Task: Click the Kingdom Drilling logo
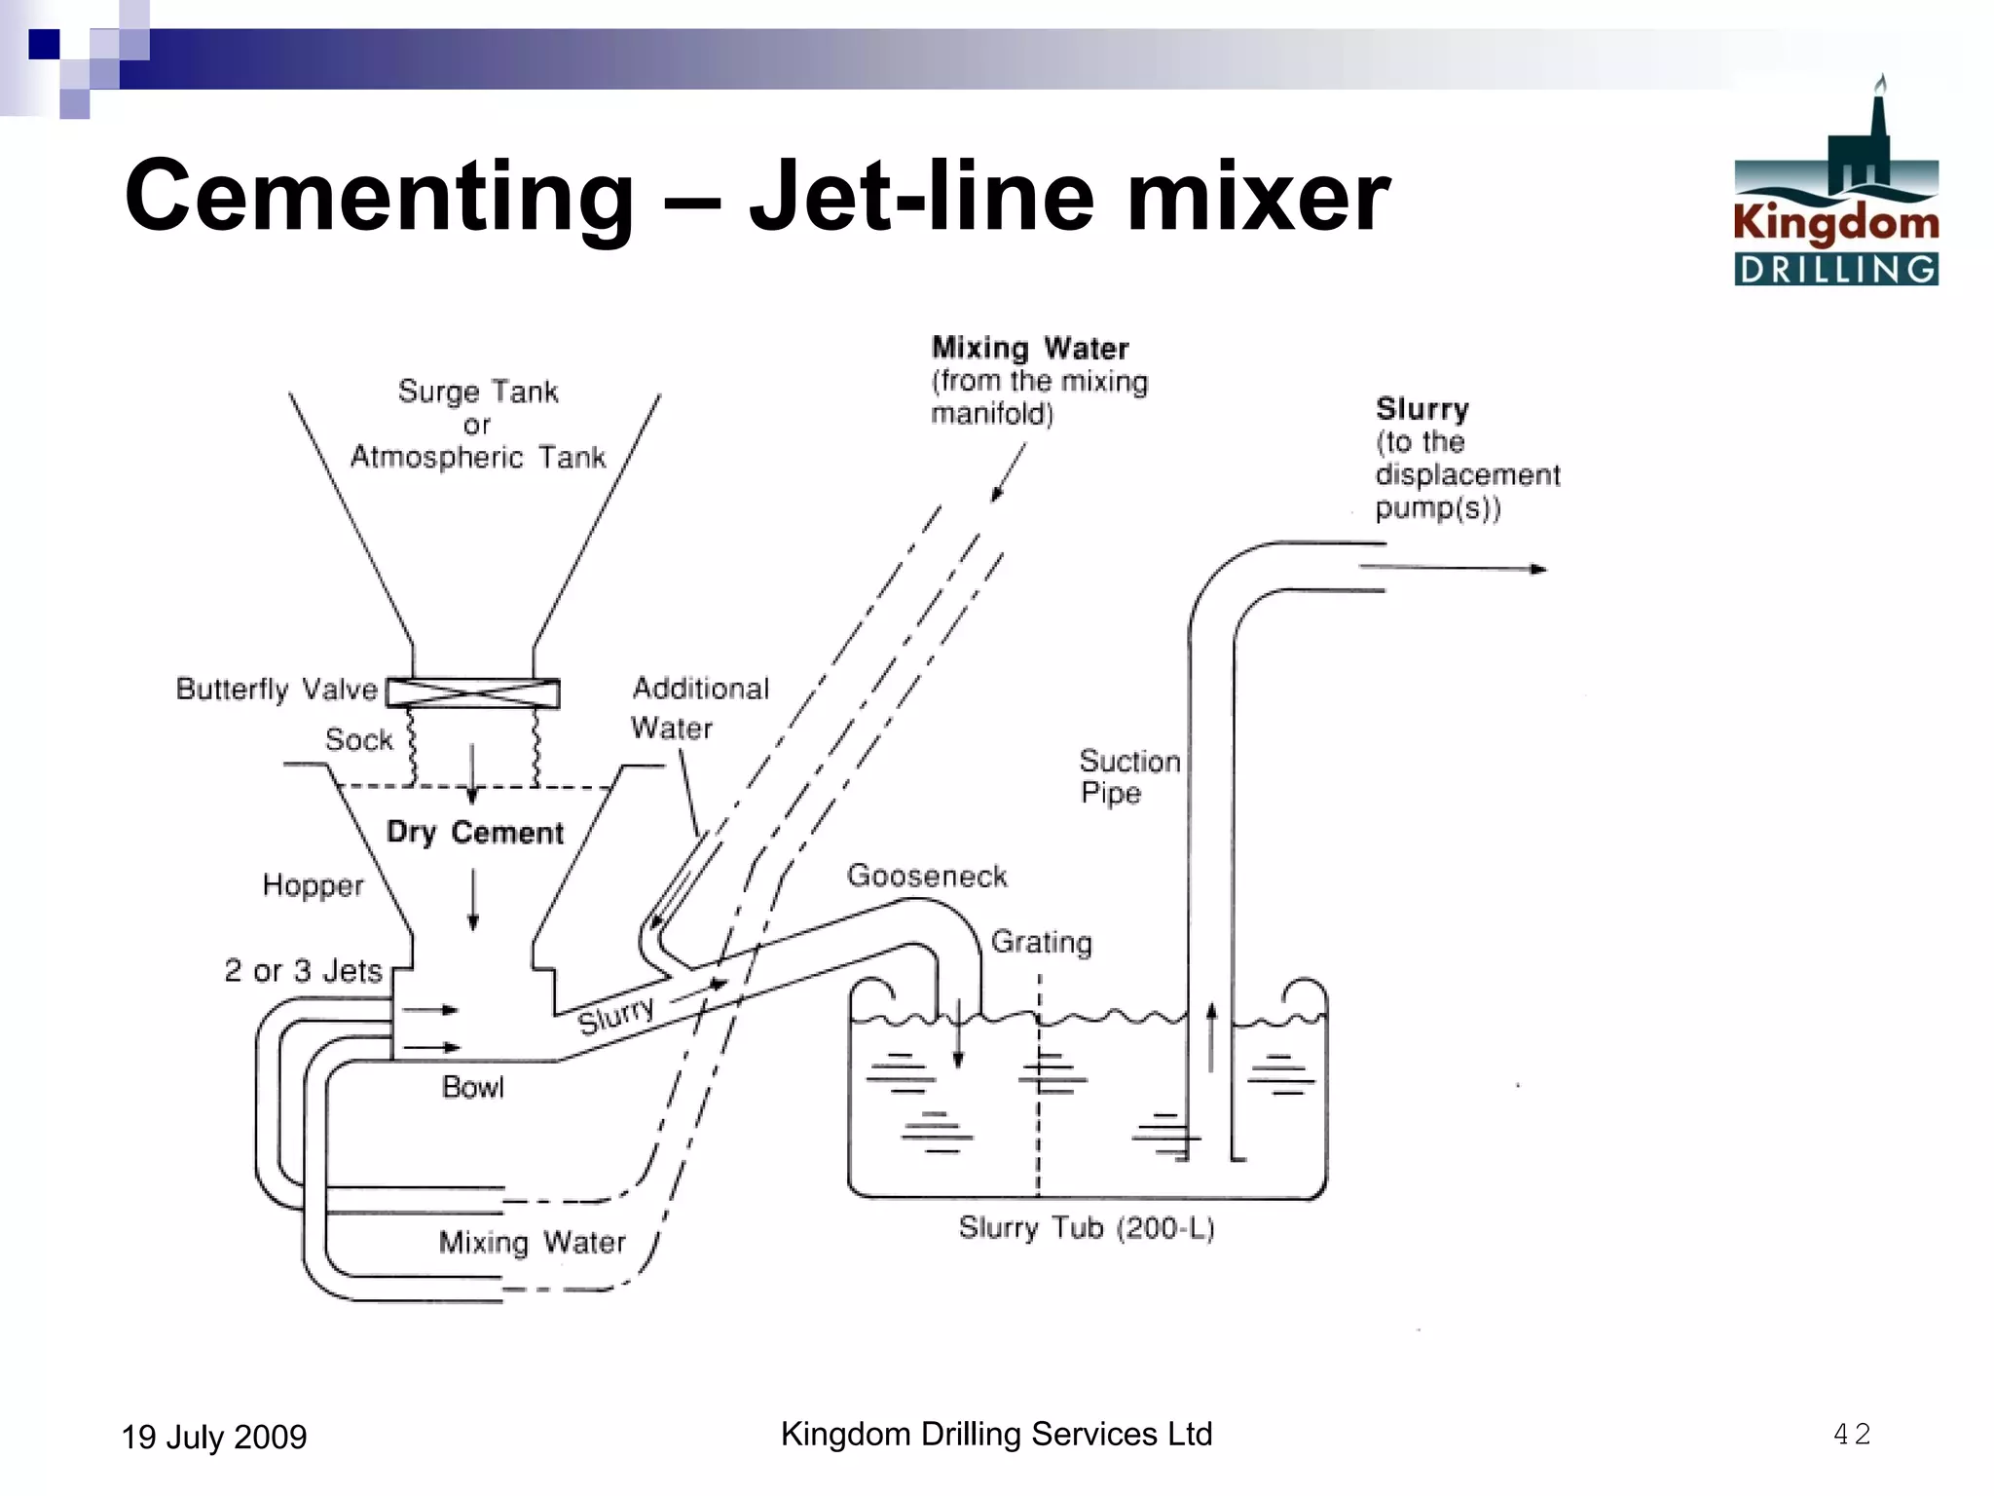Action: coord(1835,185)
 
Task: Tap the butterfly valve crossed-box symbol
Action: coord(473,693)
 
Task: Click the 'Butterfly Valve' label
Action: coord(277,690)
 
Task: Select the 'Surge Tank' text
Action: coord(478,392)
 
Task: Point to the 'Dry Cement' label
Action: coord(475,833)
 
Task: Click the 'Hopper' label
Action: coord(313,885)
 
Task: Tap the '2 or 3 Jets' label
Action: coord(303,971)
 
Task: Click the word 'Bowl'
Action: coord(473,1087)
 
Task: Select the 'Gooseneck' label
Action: coord(927,876)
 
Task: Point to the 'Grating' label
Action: coord(1041,942)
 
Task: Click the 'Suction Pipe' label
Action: coord(1128,776)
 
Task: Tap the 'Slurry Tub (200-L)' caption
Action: coord(1087,1228)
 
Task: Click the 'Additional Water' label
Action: coord(699,708)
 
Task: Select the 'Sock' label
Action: coord(358,740)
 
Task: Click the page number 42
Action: coord(1851,1434)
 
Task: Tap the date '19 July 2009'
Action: coord(214,1437)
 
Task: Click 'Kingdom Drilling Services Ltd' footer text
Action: coord(996,1434)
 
